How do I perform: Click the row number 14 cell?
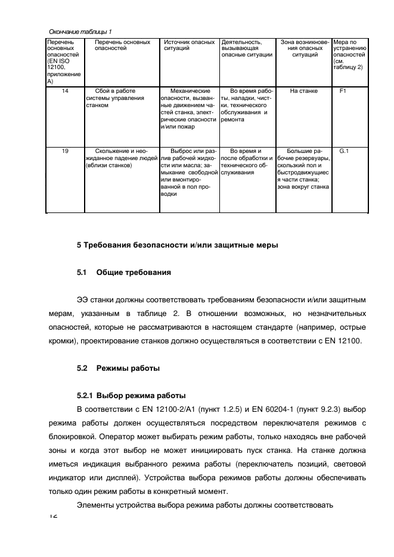point(64,91)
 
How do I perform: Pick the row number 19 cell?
point(64,151)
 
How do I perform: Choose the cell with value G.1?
point(344,151)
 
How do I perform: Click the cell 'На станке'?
point(304,91)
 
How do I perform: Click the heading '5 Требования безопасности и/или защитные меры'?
point(177,245)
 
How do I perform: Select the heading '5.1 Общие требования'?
point(124,273)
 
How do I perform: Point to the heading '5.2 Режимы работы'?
point(118,368)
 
